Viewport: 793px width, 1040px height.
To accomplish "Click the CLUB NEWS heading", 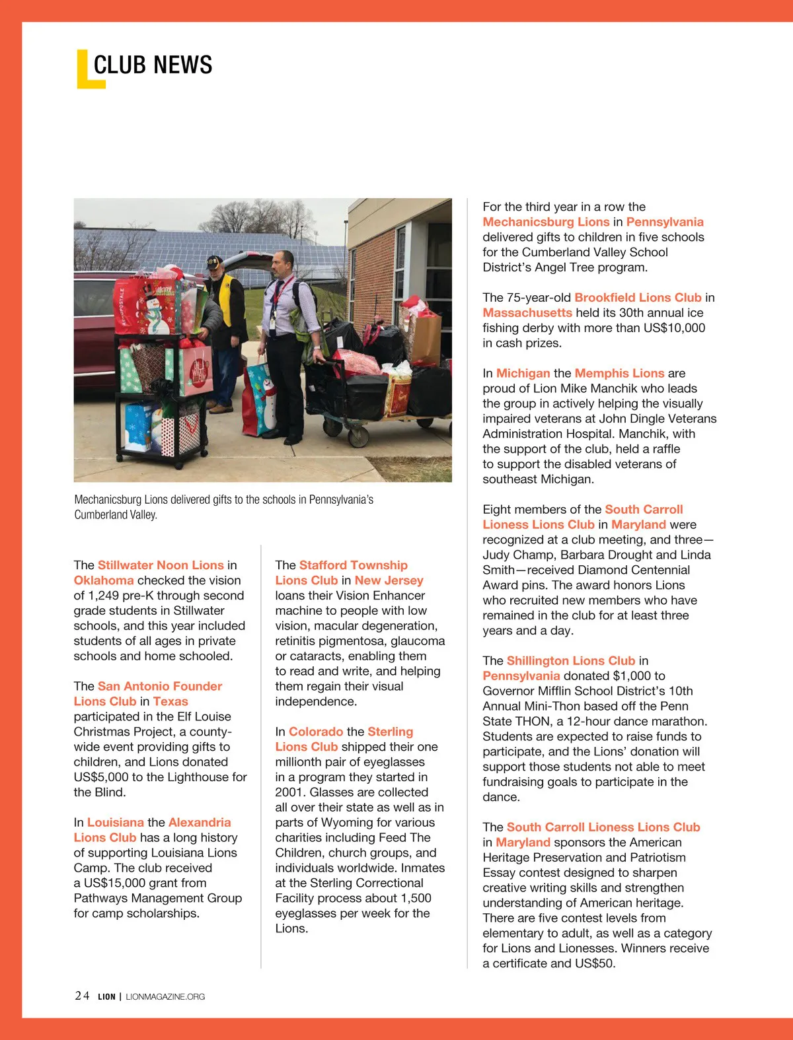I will [153, 65].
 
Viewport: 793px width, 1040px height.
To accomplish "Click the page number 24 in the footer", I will [82, 996].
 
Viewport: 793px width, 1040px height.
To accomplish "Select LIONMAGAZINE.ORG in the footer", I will [165, 996].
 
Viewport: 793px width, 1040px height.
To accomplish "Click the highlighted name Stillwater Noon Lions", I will [161, 565].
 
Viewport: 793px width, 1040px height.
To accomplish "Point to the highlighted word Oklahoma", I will [104, 580].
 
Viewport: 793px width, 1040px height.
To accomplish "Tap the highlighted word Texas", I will [170, 701].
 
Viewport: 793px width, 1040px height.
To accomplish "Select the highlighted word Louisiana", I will [116, 822].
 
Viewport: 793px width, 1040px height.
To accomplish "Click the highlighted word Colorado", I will [316, 732].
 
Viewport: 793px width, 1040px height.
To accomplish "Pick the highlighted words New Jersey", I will [389, 580].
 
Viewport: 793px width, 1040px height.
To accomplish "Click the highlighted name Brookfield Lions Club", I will [638, 298].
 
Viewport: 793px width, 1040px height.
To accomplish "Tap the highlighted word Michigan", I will [523, 374].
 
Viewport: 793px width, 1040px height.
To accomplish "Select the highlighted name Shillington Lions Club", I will [571, 661].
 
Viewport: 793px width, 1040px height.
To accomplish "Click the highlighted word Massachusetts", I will [527, 313].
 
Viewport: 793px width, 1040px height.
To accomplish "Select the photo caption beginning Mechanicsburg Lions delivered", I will [223, 507].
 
